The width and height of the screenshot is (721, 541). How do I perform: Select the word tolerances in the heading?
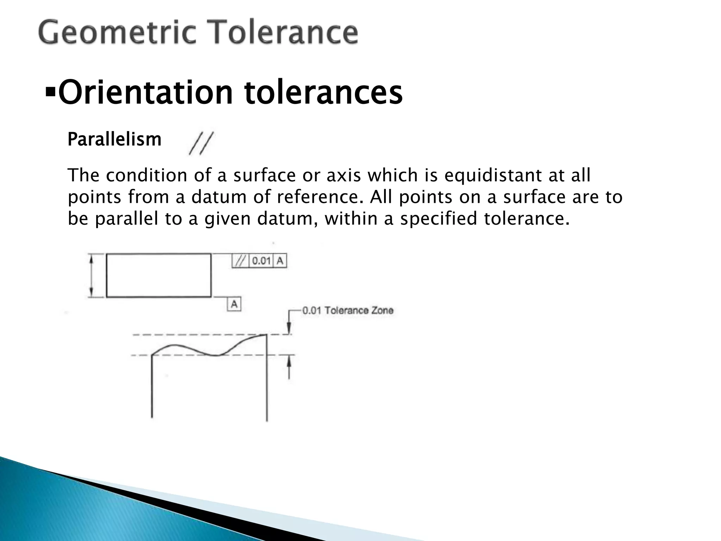(323, 93)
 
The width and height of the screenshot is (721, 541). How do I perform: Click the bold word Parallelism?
(114, 139)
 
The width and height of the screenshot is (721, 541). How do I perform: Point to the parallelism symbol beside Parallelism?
(201, 143)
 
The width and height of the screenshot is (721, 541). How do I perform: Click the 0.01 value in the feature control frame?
(261, 261)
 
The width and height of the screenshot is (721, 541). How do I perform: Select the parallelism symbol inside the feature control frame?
(240, 261)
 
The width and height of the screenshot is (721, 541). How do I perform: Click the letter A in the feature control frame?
(280, 261)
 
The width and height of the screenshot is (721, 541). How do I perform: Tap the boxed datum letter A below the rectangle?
(234, 304)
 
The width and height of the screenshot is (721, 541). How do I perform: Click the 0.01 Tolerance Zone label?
(348, 311)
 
